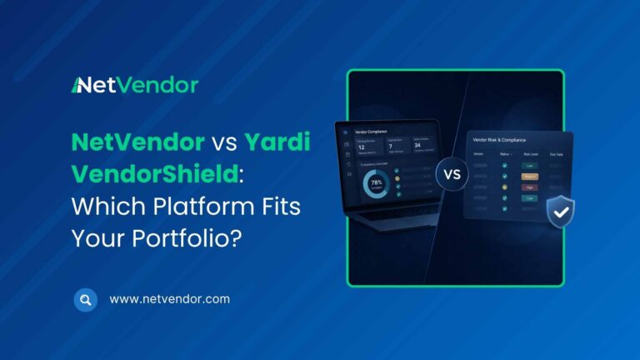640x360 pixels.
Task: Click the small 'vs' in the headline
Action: pos(230,143)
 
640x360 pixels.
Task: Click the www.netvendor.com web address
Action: pos(169,298)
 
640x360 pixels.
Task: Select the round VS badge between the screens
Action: pos(452,176)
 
